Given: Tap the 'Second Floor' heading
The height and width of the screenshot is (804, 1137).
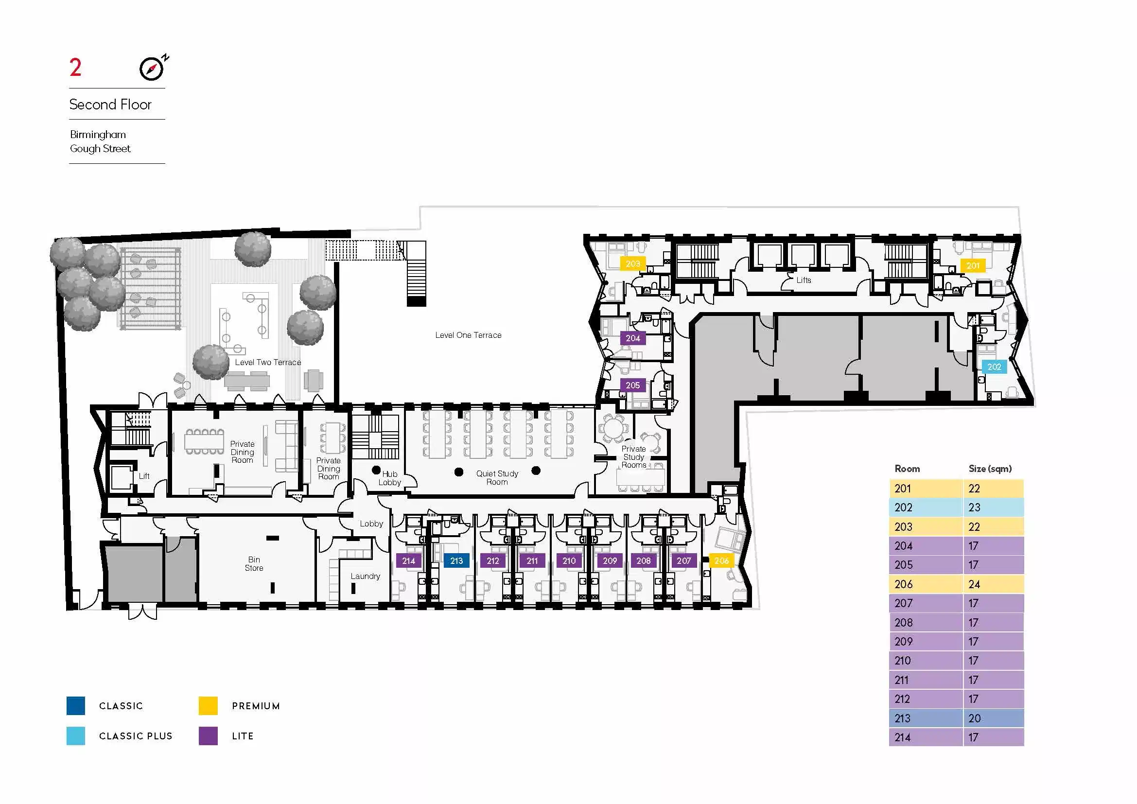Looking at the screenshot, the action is coord(110,105).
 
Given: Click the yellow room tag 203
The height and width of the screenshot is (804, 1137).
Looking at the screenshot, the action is coord(633,264).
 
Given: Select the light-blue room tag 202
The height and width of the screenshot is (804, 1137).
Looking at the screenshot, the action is coord(994,367).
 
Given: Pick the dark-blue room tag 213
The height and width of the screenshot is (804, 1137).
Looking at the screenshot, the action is coord(456,561).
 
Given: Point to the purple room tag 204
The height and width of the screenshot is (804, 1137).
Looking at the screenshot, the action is coord(633,338).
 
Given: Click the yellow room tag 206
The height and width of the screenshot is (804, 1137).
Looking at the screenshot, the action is coord(721,561).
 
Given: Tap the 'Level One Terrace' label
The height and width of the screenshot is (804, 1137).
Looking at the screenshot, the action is coord(468,335).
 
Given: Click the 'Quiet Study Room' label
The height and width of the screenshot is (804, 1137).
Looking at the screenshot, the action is coord(497,478).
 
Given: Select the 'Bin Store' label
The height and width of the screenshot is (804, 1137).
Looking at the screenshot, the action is coord(254,564).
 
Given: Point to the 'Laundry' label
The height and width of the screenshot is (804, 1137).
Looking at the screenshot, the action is coord(366,577).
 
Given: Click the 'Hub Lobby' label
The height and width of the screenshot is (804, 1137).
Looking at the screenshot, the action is coord(390,478).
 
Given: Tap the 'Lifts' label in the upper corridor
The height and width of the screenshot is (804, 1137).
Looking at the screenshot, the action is coord(804,280).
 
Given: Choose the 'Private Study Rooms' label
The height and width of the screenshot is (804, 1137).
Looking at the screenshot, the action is coord(634,457).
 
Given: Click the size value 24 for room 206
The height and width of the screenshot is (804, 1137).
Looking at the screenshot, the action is coord(974,584).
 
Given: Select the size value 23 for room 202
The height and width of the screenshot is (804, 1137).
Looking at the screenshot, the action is coord(974,507).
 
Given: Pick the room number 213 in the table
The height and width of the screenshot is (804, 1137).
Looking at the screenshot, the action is coord(902,718).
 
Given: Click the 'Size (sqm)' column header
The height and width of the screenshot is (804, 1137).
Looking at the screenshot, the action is coord(990,469).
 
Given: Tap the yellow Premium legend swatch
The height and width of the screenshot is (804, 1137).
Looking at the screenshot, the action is coord(208,706).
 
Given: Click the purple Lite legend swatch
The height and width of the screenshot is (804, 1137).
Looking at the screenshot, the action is coord(208,736).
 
